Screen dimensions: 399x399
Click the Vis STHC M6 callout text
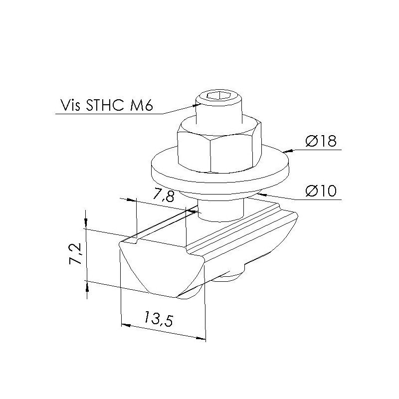coord(106,105)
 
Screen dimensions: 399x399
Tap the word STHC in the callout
coord(105,105)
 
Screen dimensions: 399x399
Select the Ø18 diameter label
coord(321,141)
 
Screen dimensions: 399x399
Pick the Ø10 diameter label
coord(321,191)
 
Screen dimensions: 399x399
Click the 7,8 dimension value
coord(163,196)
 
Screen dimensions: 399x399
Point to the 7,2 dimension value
coord(76,253)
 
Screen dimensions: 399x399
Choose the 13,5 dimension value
coord(158,318)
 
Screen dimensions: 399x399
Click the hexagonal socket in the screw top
coord(218,96)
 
